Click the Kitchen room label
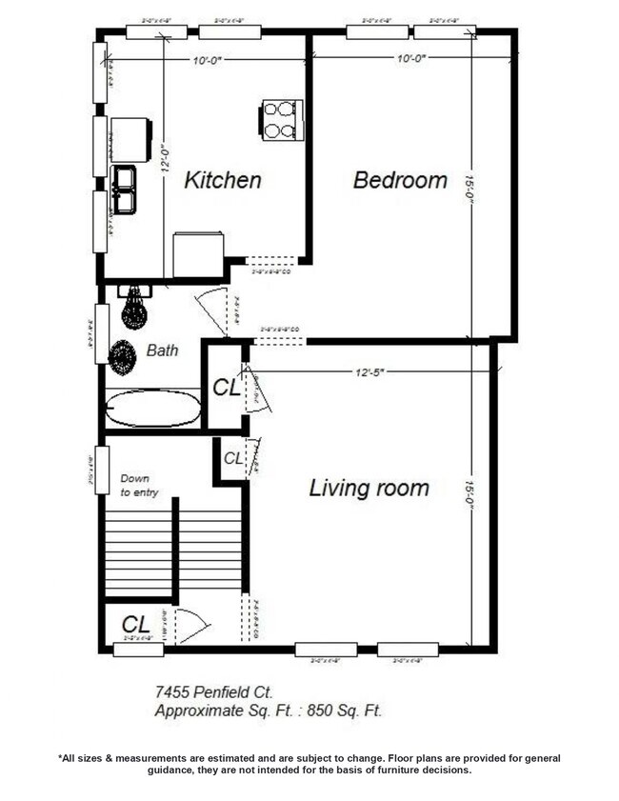[x=222, y=180]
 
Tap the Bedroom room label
[x=400, y=180]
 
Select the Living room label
[x=369, y=489]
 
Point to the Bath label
[x=162, y=350]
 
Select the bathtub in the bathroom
[x=152, y=409]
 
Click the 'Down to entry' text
[x=139, y=486]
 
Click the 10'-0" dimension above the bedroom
[x=411, y=59]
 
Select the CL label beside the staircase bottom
[x=136, y=625]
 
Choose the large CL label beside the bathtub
[x=225, y=388]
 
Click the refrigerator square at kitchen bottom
[x=198, y=254]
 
